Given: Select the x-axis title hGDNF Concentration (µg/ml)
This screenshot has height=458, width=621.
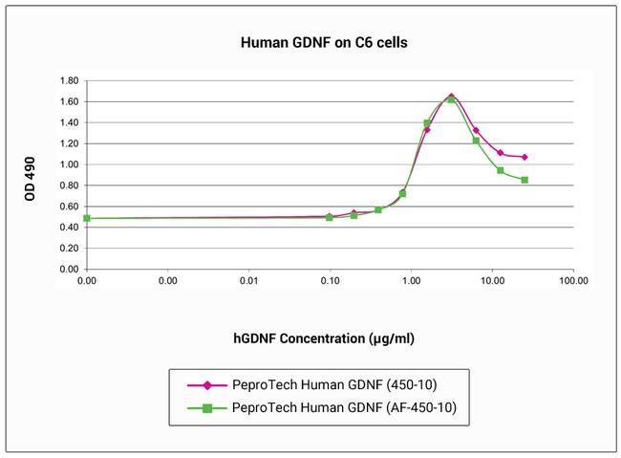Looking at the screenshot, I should [324, 338].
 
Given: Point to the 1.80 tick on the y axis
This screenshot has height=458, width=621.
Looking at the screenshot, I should [67, 80].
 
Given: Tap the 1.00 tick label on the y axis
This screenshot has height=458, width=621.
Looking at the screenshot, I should [67, 164].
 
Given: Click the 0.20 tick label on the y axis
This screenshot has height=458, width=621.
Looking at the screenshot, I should [67, 249].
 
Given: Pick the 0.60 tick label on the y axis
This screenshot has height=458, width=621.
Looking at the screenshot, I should [67, 207].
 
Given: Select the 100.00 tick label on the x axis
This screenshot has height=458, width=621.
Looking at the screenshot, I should [573, 283].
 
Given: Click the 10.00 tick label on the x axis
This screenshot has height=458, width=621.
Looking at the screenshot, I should [492, 283].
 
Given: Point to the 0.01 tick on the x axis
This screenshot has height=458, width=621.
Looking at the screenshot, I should [248, 283].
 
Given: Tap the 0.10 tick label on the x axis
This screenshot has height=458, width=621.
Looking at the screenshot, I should [330, 283].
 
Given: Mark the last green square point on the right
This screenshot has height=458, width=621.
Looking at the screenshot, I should [525, 180].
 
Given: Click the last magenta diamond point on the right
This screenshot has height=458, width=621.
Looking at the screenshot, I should [525, 157].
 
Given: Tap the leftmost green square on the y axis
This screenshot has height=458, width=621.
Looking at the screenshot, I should [87, 218].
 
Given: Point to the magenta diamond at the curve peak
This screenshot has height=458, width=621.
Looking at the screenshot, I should [451, 97].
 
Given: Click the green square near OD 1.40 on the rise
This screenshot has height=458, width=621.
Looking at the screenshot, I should [427, 122].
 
